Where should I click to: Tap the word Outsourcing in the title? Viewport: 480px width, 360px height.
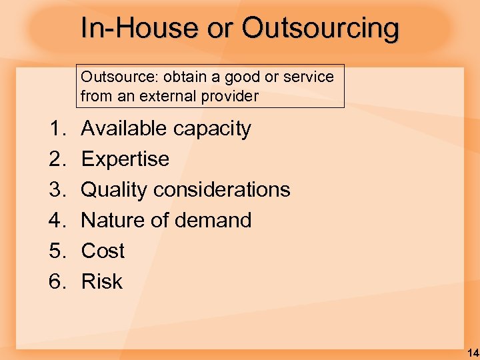(321, 29)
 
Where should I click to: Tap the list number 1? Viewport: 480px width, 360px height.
(57, 129)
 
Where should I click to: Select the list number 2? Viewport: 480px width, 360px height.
(57, 159)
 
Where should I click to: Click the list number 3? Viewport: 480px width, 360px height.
(57, 190)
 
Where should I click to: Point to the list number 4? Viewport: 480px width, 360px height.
(57, 221)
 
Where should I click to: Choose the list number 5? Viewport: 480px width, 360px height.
(57, 251)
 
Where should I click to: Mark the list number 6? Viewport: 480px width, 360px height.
(57, 282)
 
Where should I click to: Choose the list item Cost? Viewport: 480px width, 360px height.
(103, 251)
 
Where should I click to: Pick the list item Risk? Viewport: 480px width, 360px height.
(101, 282)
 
